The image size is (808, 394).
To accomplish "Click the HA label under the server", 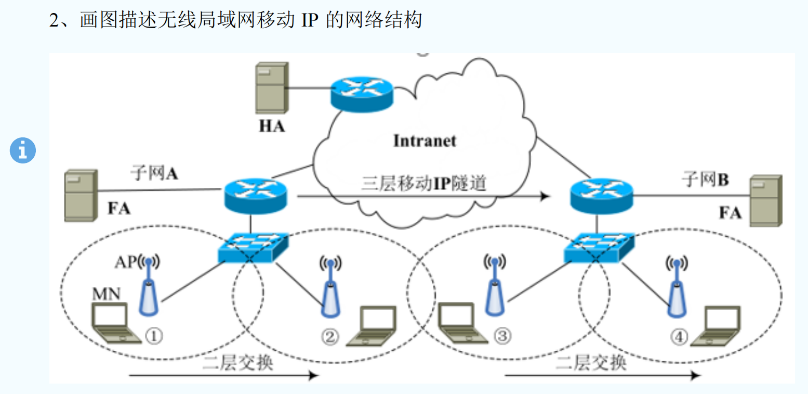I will point(272,126).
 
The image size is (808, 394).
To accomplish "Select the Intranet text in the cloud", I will point(425,141).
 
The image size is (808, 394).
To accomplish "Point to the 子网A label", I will point(154,173).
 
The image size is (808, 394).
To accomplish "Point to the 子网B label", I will point(705,181).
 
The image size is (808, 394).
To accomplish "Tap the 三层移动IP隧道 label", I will point(423,184).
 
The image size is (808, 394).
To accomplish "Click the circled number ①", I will point(154,336).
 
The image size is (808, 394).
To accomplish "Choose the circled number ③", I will point(502,337).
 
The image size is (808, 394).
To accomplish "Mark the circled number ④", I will point(679,337).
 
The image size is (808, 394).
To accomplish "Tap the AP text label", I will point(125,263).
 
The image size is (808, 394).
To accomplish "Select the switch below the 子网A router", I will point(253,246).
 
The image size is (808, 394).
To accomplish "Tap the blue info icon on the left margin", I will point(23,151).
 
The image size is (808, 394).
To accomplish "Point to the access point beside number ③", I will point(495,286).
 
